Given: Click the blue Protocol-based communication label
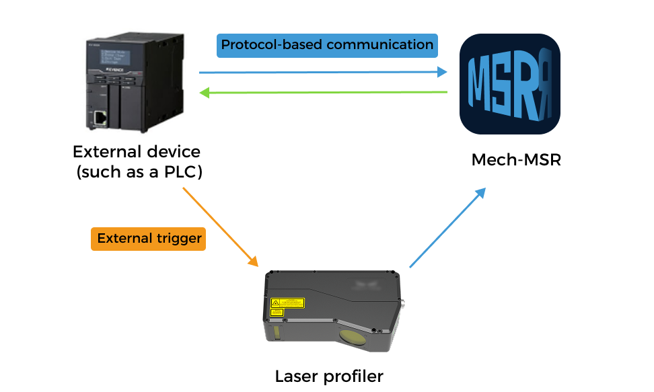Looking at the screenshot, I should [327, 45].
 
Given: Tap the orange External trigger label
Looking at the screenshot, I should [148, 239].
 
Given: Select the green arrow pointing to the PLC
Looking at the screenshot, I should [323, 93].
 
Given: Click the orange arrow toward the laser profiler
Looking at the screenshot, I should [221, 227].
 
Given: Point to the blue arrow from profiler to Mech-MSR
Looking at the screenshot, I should [447, 228].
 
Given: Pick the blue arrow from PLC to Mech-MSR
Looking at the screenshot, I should [323, 72].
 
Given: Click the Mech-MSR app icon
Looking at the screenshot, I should [509, 84].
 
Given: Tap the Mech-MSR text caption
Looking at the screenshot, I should [515, 160].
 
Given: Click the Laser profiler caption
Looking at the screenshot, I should [329, 376].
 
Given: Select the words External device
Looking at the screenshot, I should [137, 151].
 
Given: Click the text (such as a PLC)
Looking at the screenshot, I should [139, 172].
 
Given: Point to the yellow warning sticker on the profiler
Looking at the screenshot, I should [287, 303].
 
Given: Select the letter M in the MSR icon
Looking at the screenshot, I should [482, 84].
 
